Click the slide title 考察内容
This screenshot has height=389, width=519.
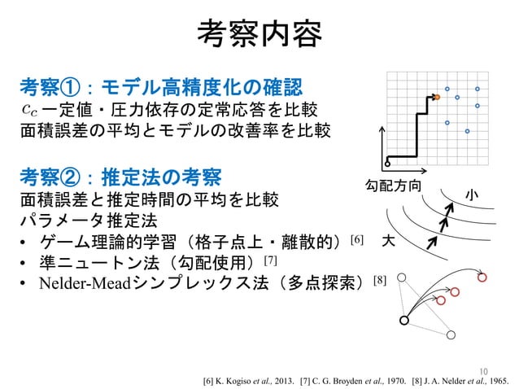tap(259, 34)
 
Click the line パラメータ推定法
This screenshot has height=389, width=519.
tap(80, 220)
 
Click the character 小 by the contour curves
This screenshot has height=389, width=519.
tap(471, 194)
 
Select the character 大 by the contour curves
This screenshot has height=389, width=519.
tap(388, 242)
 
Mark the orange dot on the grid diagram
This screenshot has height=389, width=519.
tap(436, 98)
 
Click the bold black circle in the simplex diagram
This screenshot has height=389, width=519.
tap(404, 320)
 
